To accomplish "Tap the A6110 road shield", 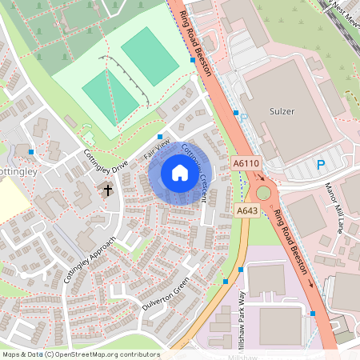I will click(x=246, y=163).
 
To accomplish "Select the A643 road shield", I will click(x=246, y=210).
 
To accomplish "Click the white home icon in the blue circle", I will click(x=180, y=173).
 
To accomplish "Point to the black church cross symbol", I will click(x=108, y=190).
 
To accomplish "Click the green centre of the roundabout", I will click(x=263, y=193).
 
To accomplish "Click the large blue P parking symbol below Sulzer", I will click(x=321, y=166).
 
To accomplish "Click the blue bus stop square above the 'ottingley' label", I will click(x=31, y=151).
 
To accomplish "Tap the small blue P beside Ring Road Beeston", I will click(x=244, y=115).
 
